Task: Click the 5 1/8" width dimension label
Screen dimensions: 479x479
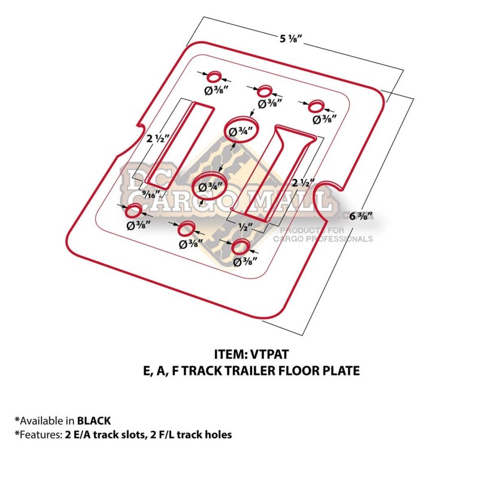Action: coord(290,39)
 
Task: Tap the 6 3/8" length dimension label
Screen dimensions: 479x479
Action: coord(361,216)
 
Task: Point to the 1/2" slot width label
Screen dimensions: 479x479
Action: coord(245,227)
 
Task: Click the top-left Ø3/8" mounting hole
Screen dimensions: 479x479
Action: coord(214,77)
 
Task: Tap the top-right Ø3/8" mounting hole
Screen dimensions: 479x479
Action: coord(316,106)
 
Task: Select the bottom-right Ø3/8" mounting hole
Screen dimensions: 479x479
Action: coord(241,247)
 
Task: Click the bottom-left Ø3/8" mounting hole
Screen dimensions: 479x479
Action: coord(134,211)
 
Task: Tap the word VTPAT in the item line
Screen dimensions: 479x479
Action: coord(269,354)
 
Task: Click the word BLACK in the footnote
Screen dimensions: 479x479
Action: coord(94,421)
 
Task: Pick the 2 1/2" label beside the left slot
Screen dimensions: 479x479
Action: coord(157,138)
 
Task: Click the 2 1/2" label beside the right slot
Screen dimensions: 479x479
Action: coord(303,183)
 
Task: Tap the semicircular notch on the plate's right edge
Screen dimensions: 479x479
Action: coord(319,199)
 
